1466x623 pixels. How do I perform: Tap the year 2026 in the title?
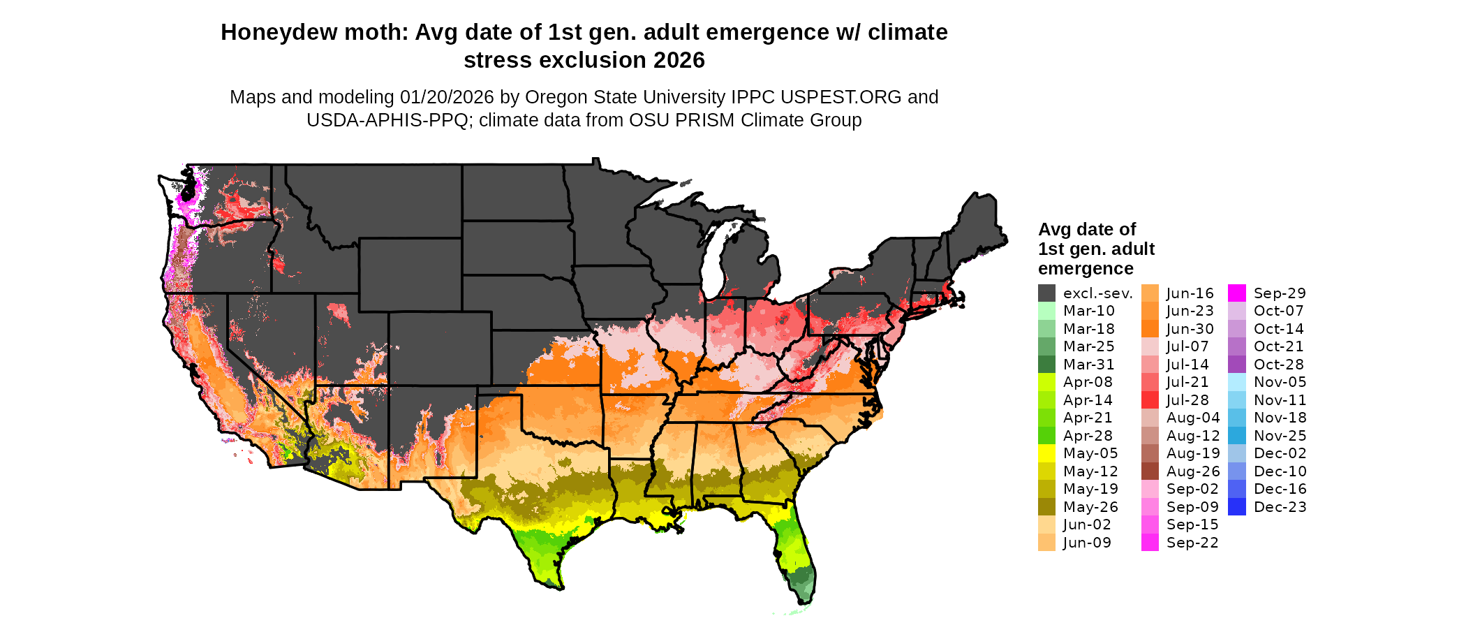pyautogui.click(x=679, y=61)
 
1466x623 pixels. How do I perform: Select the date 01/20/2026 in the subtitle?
pyautogui.click(x=447, y=97)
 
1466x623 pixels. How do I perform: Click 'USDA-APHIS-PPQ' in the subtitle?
pyautogui.click(x=387, y=121)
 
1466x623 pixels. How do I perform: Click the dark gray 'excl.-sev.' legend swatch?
pyautogui.click(x=1046, y=293)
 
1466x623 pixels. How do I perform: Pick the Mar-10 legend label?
pyautogui.click(x=1089, y=311)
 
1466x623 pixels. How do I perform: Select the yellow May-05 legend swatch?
pyautogui.click(x=1046, y=453)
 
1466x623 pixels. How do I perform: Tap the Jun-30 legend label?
pyautogui.click(x=1190, y=329)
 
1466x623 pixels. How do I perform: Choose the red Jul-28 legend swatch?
pyautogui.click(x=1150, y=400)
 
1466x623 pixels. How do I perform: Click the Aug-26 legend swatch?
pyautogui.click(x=1150, y=471)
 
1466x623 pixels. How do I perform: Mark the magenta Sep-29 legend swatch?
pyautogui.click(x=1236, y=293)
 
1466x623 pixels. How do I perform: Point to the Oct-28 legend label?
pyautogui.click(x=1279, y=365)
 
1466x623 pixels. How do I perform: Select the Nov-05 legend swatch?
pyautogui.click(x=1236, y=382)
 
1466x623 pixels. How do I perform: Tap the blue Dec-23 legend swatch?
pyautogui.click(x=1236, y=507)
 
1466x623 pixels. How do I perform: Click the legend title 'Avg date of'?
pyautogui.click(x=1087, y=230)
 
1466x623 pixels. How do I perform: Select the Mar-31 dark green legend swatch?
pyautogui.click(x=1046, y=365)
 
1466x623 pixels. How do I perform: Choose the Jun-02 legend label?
pyautogui.click(x=1087, y=525)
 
